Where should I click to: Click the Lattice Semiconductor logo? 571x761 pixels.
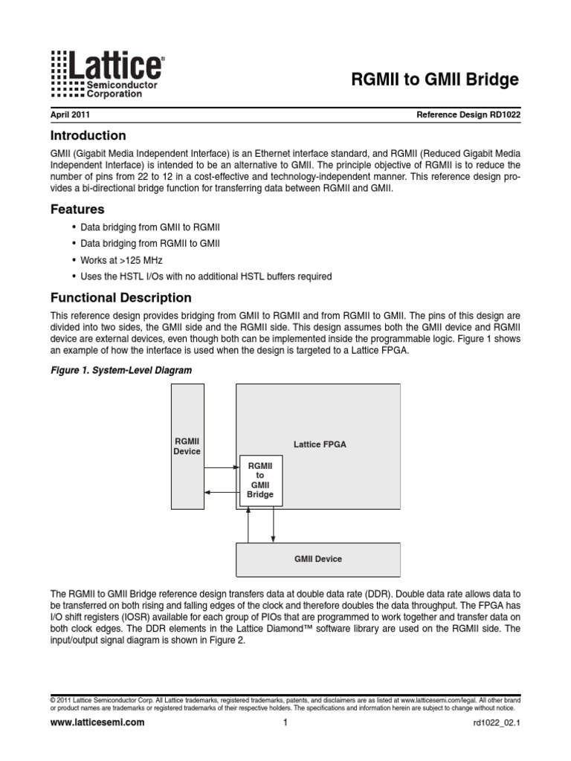(107, 74)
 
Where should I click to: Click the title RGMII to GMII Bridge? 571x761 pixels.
(434, 80)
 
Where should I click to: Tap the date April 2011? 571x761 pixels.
(71, 115)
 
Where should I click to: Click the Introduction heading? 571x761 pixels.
(88, 135)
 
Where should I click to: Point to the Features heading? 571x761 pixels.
(77, 210)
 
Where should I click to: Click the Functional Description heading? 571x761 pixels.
(120, 298)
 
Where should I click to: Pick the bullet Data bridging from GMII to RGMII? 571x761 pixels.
(150, 227)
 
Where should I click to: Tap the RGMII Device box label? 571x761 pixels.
(187, 447)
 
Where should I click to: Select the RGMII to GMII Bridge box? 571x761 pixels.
(259, 479)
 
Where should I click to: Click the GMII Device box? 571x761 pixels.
(317, 559)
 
